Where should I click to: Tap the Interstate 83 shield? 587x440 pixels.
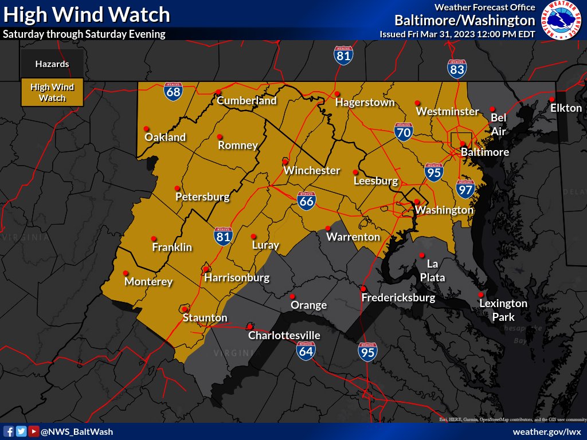457,69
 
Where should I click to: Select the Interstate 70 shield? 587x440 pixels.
404,132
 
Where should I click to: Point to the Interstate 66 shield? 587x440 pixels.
307,200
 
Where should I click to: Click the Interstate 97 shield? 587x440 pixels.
465,188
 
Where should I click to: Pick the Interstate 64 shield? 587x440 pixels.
306,350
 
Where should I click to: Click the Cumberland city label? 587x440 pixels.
246,101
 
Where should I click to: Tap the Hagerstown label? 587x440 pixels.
365,103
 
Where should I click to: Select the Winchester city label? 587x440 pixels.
312,171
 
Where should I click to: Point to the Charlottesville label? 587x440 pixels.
284,336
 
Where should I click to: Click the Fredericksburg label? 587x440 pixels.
398,298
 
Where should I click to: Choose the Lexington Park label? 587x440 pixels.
503,310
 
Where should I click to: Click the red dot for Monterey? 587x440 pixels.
126,273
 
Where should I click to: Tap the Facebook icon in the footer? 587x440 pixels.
9,431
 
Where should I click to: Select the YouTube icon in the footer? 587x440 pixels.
34,431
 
